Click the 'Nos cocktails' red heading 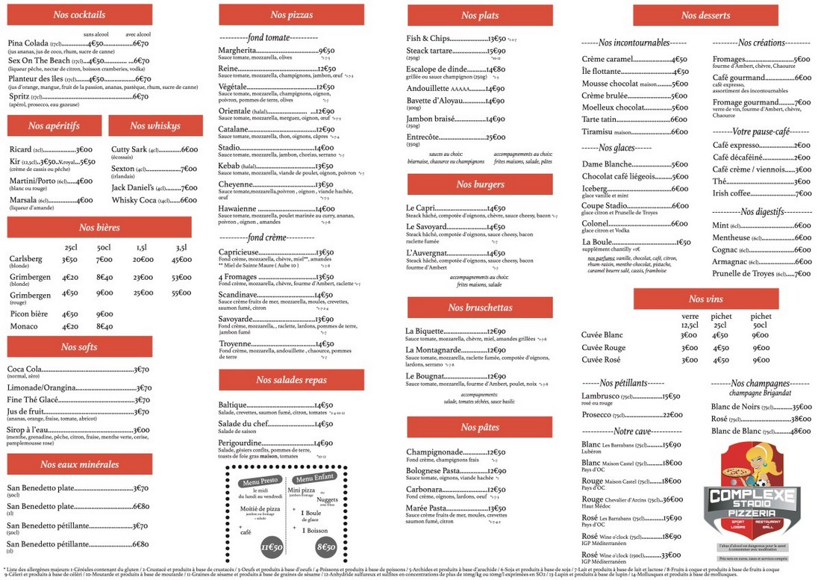pos(79,14)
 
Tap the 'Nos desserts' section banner pos(705,15)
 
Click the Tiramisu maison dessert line pos(634,132)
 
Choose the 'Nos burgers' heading pos(479,184)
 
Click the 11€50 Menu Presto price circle pos(272,547)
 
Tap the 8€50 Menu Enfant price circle pos(325,547)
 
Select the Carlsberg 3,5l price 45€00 pos(181,260)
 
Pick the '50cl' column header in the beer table pos(104,247)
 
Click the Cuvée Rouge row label pos(603,348)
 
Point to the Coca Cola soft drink pos(25,369)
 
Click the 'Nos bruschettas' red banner pos(479,308)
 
